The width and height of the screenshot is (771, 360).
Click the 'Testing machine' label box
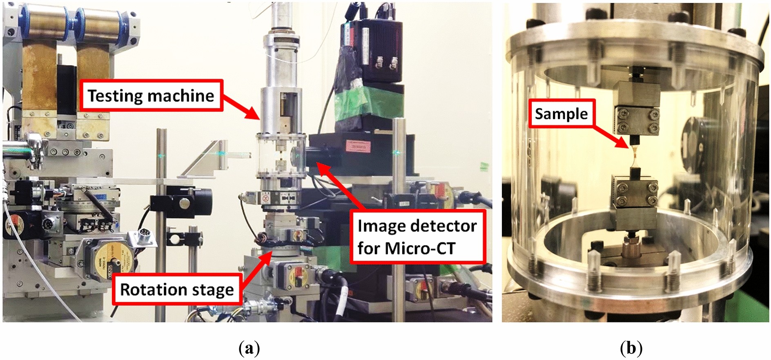pyautogui.click(x=152, y=96)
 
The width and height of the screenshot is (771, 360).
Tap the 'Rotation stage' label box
pyautogui.click(x=177, y=289)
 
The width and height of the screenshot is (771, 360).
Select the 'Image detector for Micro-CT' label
pyautogui.click(x=418, y=237)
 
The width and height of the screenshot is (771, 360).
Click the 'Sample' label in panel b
pyautogui.click(x=561, y=113)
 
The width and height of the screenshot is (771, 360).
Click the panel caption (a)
pyautogui.click(x=249, y=348)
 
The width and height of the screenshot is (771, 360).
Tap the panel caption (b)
pyautogui.click(x=631, y=348)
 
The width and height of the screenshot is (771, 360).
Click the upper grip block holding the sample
pyautogui.click(x=636, y=108)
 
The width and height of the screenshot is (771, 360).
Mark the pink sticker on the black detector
pyautogui.click(x=358, y=146)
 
